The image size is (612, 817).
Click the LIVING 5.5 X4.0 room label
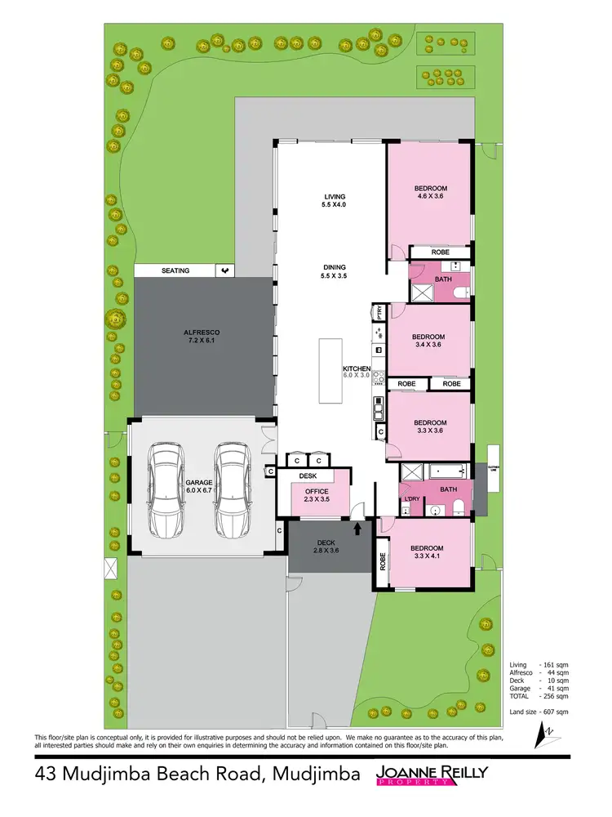point(335,201)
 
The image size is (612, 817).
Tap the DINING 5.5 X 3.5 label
point(335,271)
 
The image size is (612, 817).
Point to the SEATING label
point(175,270)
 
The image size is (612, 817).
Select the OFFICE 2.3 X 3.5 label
point(316,495)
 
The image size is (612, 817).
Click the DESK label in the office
point(308,475)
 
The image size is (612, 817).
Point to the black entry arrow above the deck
point(357,529)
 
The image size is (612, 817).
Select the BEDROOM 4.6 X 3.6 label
point(432,193)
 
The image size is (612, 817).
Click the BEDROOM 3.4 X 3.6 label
point(428,341)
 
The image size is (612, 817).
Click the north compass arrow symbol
point(539,737)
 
